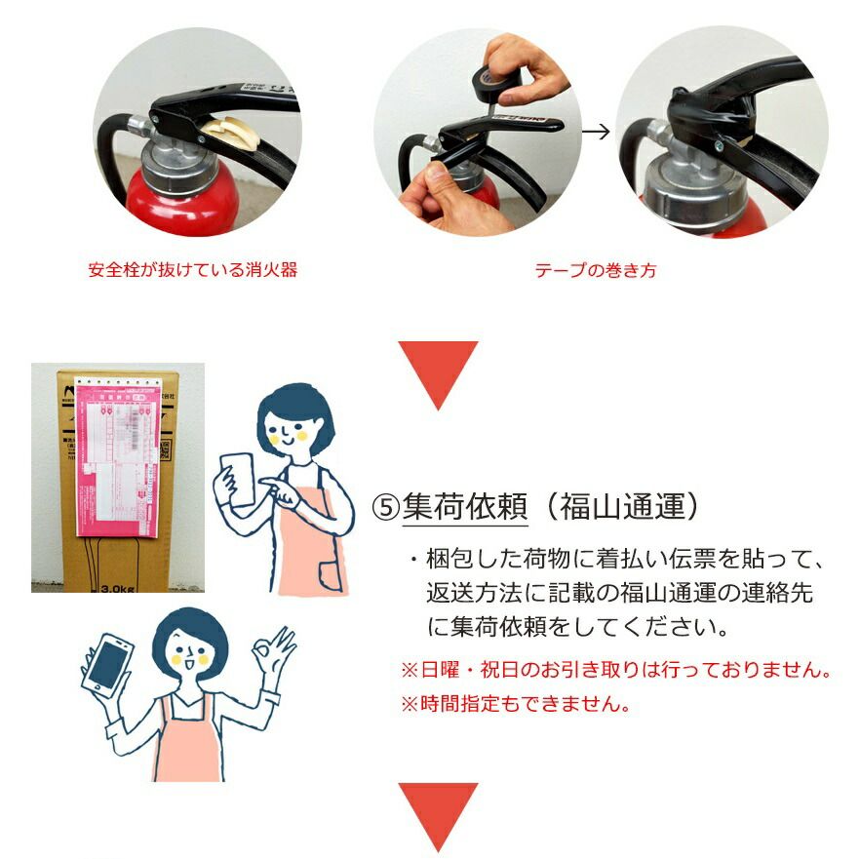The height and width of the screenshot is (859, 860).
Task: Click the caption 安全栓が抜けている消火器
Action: click(x=192, y=270)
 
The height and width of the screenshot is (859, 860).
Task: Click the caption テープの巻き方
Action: click(x=595, y=270)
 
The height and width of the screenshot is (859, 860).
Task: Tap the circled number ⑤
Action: click(x=386, y=507)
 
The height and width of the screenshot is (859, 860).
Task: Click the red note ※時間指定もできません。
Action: click(x=515, y=703)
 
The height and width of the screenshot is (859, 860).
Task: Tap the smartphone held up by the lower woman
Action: click(x=107, y=665)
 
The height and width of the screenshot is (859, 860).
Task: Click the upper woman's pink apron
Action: click(x=310, y=541)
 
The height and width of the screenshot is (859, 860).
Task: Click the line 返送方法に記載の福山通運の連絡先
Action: click(x=619, y=593)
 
